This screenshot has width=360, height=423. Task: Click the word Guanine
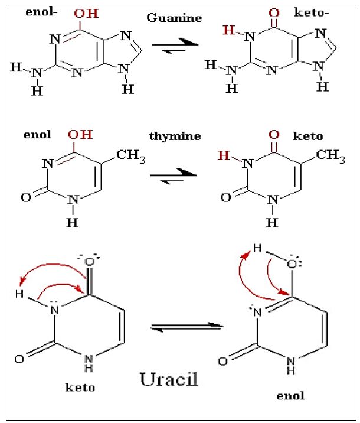coord(174,18)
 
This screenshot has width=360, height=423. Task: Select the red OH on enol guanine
coord(86,13)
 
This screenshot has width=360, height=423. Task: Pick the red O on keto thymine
coord(273,135)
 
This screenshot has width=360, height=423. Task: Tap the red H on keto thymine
coord(223,155)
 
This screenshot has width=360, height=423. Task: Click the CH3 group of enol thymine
coord(130,155)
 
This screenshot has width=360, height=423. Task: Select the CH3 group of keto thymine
coord(330,155)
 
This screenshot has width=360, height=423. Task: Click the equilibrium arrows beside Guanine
coord(175,47)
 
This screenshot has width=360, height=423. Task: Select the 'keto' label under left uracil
coord(80,388)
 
